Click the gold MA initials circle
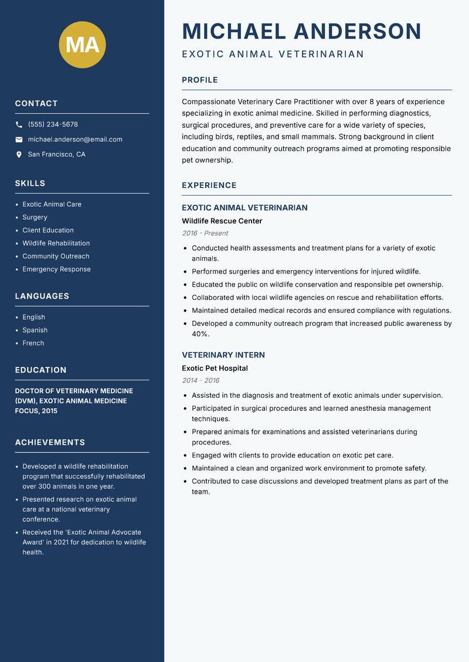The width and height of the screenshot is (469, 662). click(82, 45)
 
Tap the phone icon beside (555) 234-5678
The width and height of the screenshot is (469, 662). click(19, 125)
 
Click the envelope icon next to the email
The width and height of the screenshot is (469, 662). click(19, 139)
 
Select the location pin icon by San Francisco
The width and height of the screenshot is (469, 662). click(19, 155)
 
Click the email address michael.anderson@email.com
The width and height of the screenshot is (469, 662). click(75, 139)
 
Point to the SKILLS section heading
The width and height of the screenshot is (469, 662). click(30, 183)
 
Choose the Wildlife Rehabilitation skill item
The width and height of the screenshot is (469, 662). click(56, 243)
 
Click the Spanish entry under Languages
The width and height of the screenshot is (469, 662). click(35, 330)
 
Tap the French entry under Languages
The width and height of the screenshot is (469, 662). click(33, 343)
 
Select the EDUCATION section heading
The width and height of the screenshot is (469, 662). click(40, 370)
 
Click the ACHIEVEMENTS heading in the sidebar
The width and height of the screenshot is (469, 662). click(50, 442)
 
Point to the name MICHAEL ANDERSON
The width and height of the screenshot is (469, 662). click(301, 31)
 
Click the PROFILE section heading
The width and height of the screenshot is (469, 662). click(199, 80)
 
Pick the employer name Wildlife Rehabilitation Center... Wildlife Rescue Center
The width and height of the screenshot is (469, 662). click(222, 221)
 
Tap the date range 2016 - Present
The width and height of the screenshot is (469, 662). click(205, 233)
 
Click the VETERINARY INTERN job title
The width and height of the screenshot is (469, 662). click(223, 355)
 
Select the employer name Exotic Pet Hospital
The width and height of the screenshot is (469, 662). click(215, 368)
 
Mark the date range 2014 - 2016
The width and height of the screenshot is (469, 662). click(200, 380)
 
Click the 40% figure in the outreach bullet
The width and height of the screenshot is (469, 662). click(200, 334)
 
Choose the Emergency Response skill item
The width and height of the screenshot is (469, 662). click(56, 269)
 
